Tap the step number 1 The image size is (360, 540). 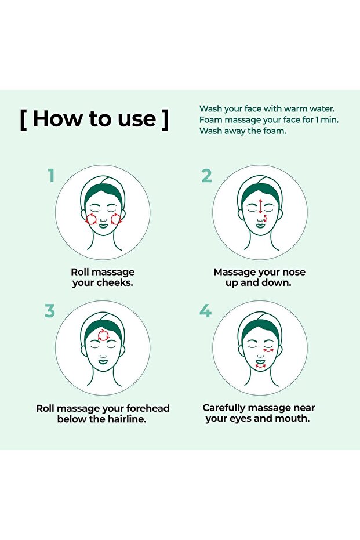(51, 175)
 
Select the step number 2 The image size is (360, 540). (206, 176)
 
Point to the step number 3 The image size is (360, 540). (49, 311)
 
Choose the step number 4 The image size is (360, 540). (205, 311)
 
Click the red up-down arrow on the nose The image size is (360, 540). (260, 206)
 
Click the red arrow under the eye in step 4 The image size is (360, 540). (268, 350)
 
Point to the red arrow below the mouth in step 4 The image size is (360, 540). (260, 367)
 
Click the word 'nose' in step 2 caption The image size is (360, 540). (293, 273)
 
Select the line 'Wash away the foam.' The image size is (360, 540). (243, 131)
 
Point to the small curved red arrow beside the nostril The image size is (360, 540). (265, 218)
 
